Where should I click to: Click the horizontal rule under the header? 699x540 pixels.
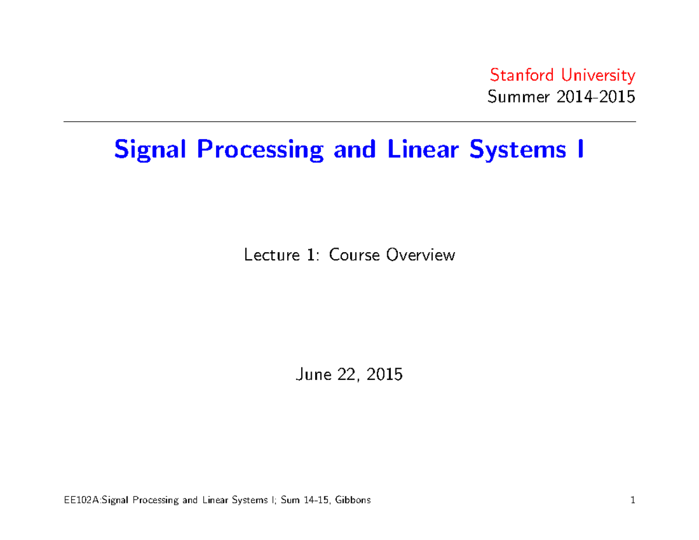[x=349, y=122]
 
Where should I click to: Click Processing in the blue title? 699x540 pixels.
[x=260, y=150]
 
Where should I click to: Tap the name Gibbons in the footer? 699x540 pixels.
[x=351, y=500]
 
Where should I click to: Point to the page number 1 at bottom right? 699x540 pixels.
[x=632, y=500]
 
